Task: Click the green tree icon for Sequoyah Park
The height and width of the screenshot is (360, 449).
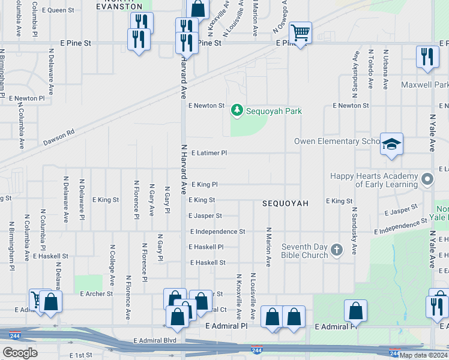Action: (x=238, y=110)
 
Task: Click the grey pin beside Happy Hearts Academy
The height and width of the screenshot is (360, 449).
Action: (x=427, y=179)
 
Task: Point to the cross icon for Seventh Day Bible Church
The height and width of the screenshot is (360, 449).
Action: (x=337, y=250)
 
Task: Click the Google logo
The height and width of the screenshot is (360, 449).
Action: (x=20, y=353)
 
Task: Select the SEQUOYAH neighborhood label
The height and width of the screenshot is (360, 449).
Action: (x=285, y=204)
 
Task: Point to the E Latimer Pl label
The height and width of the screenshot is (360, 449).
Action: (x=209, y=153)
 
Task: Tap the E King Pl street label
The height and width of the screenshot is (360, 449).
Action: (x=204, y=185)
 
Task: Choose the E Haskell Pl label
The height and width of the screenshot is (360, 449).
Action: (x=206, y=247)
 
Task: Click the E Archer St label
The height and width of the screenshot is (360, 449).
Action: (x=96, y=294)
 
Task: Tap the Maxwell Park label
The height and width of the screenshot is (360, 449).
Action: (x=425, y=85)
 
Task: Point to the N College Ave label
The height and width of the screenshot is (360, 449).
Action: (x=112, y=264)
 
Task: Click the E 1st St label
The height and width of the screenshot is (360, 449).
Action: (x=80, y=356)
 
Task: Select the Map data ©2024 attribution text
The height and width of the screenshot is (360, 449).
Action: (x=423, y=355)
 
